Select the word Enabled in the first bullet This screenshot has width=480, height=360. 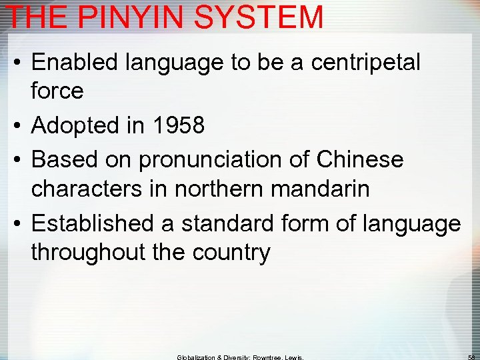[x=74, y=63]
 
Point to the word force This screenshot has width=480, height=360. [x=57, y=91]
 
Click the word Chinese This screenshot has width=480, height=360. [x=360, y=160]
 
